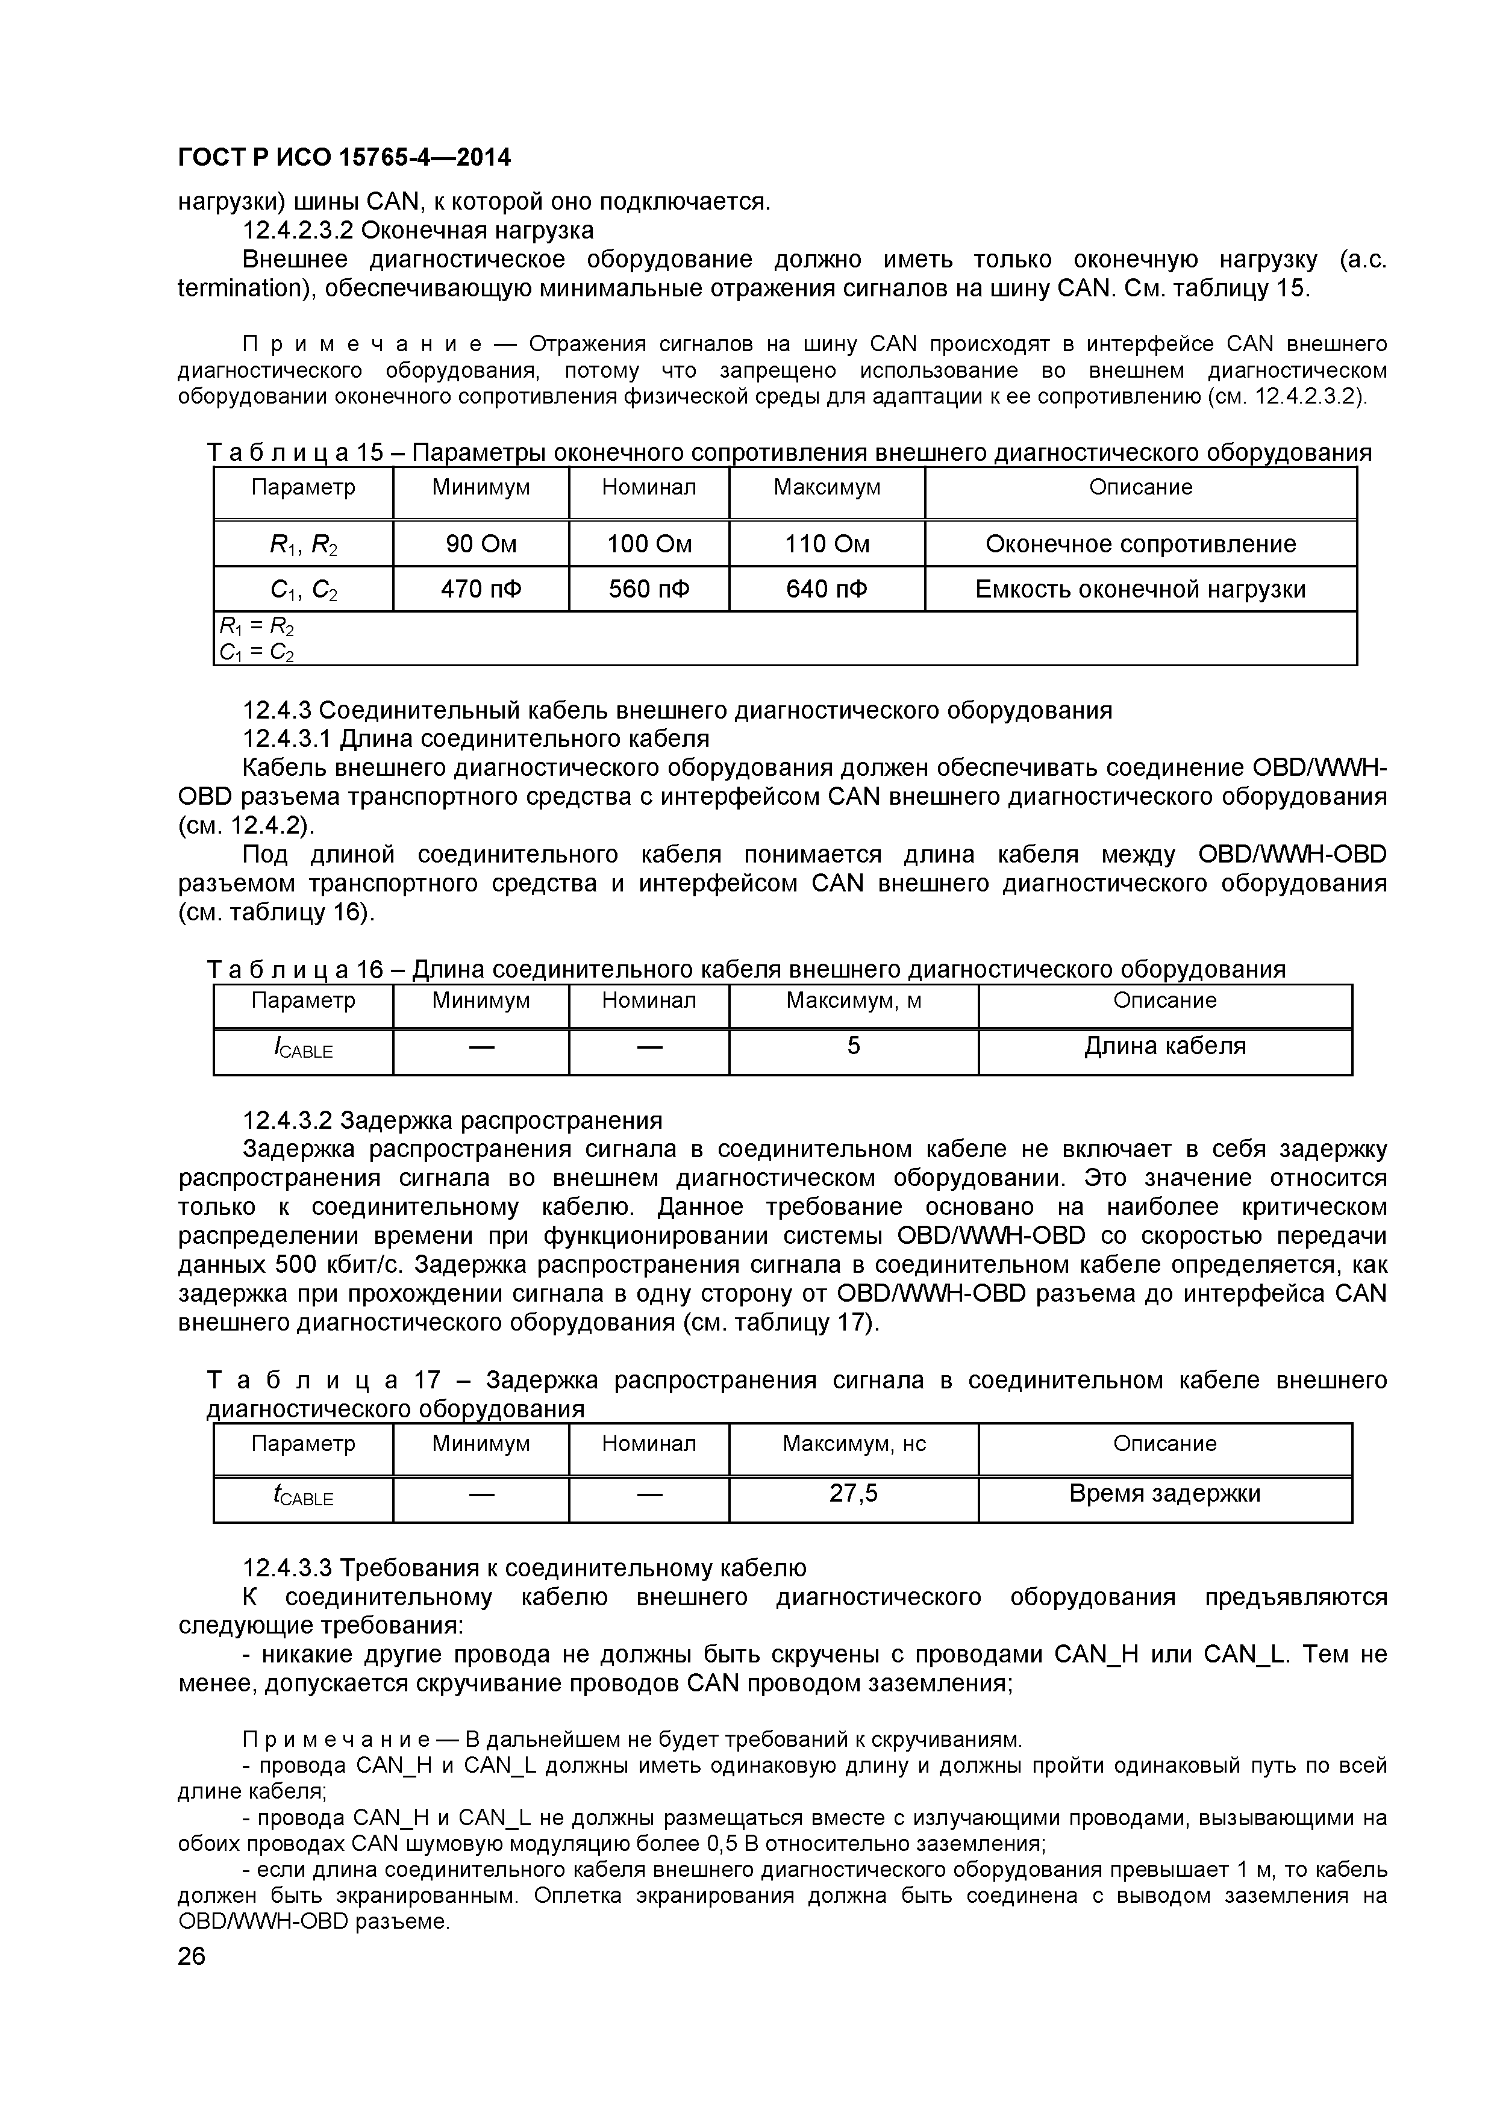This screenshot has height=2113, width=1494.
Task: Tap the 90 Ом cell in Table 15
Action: (x=481, y=544)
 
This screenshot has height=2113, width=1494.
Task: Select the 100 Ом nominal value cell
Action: (x=648, y=544)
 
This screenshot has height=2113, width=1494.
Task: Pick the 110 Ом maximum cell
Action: (x=826, y=544)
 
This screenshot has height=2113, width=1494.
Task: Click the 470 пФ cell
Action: (x=481, y=589)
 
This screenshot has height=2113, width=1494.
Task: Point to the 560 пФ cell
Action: (x=648, y=589)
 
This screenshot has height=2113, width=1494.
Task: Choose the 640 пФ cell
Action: (x=826, y=589)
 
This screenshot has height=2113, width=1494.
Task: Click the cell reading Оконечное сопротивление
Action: (x=1140, y=544)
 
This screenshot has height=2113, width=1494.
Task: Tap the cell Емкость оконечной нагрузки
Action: (x=1140, y=589)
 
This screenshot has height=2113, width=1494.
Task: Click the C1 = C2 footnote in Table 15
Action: (x=257, y=652)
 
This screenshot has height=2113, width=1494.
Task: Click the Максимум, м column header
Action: (x=852, y=1000)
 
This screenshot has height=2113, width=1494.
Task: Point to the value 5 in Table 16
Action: (x=852, y=1046)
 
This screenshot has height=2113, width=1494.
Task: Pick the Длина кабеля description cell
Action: (x=1164, y=1046)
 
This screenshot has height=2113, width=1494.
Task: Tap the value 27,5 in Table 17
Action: (x=852, y=1493)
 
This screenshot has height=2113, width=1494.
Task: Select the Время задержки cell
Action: (x=1164, y=1493)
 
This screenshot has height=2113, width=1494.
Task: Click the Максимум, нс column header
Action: (x=852, y=1444)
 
